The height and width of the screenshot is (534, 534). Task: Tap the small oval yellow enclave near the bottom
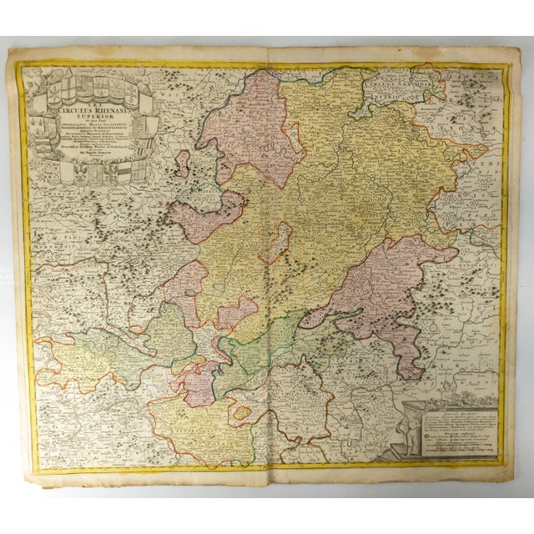click(242, 412)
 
